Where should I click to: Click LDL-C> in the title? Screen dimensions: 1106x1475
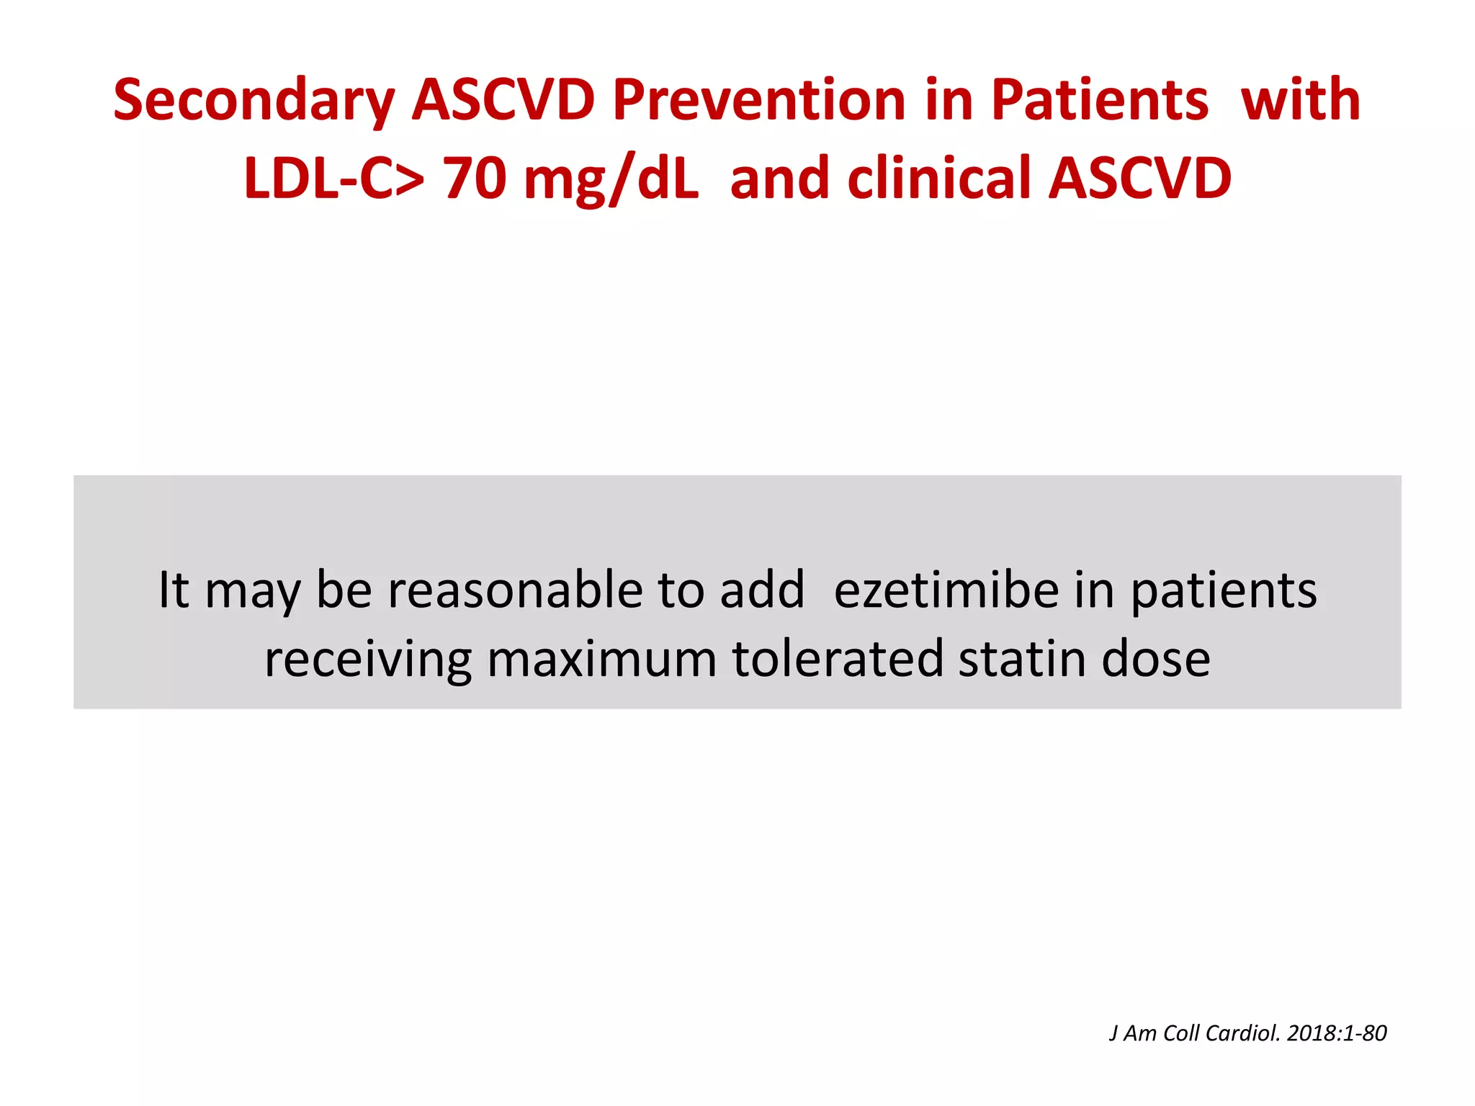point(333,178)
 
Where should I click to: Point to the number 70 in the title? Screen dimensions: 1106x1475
point(475,178)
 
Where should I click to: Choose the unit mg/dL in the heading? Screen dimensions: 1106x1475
point(611,179)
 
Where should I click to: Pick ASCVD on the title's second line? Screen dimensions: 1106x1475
point(1140,178)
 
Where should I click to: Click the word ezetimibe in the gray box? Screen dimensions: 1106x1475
point(945,590)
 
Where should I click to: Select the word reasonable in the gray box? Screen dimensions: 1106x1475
point(516,590)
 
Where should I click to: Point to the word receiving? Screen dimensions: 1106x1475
point(367,660)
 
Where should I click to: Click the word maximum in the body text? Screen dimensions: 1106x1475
point(601,660)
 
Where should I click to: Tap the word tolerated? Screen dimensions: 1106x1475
point(837,660)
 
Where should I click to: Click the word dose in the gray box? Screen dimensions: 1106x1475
point(1156,660)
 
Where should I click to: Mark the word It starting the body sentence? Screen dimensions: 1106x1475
point(174,590)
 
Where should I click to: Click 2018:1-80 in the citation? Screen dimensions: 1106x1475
point(1337,1033)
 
